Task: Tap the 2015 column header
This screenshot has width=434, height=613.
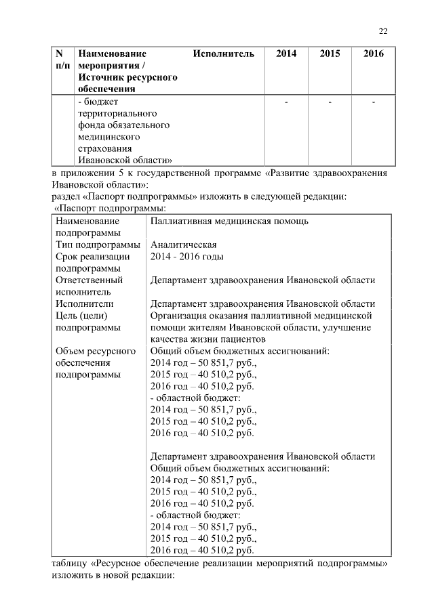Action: (x=330, y=54)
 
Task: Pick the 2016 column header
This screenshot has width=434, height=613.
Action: (x=373, y=54)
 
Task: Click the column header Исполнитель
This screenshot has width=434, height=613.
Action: (x=223, y=54)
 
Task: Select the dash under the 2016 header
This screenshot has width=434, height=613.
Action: (x=373, y=102)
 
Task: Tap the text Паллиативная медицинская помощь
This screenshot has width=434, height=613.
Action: (x=229, y=221)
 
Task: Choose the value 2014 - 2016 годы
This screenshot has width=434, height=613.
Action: (x=186, y=257)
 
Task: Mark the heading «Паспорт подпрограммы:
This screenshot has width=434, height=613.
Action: (x=111, y=209)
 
